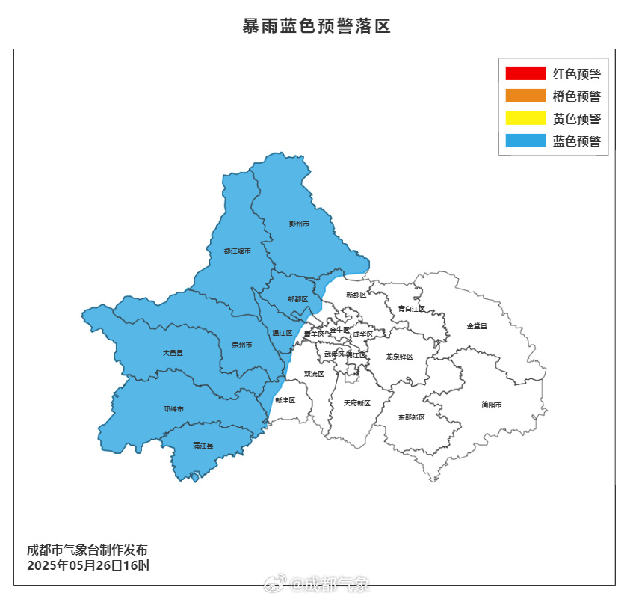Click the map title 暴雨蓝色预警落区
[317, 27]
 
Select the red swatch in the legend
[525, 73]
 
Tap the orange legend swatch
[525, 96]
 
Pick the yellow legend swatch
[525, 118]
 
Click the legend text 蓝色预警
[577, 141]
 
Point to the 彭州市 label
[299, 224]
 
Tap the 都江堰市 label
[237, 251]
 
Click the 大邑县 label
[173, 351]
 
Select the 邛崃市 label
[173, 409]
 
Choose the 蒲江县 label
[203, 446]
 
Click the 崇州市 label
[241, 345]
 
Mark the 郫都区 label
[297, 299]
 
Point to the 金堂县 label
[477, 326]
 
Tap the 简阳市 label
[492, 405]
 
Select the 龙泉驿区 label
[400, 357]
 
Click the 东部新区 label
[411, 417]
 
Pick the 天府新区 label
[356, 403]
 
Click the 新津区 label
[285, 400]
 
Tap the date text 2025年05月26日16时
[88, 565]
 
